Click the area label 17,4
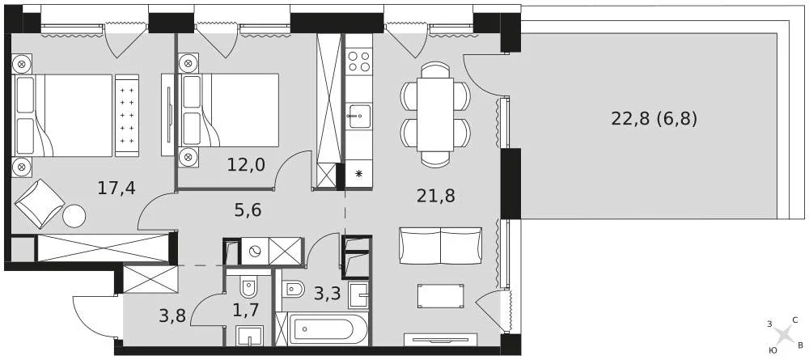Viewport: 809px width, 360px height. tap(116, 188)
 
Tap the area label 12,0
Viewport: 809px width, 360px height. tap(246, 164)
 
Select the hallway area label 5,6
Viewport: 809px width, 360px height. tap(248, 210)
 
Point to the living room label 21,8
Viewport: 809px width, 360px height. tap(434, 195)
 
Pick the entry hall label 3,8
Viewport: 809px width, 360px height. tap(174, 316)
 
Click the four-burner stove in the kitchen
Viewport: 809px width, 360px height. tap(358, 61)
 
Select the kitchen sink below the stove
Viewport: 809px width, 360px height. tap(358, 116)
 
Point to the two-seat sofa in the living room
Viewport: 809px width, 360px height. tap(440, 245)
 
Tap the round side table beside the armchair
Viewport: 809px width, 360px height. tap(74, 216)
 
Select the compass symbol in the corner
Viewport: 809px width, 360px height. tap(783, 334)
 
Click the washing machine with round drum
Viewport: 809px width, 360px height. tap(256, 252)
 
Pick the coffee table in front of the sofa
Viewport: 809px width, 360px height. tap(440, 295)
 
